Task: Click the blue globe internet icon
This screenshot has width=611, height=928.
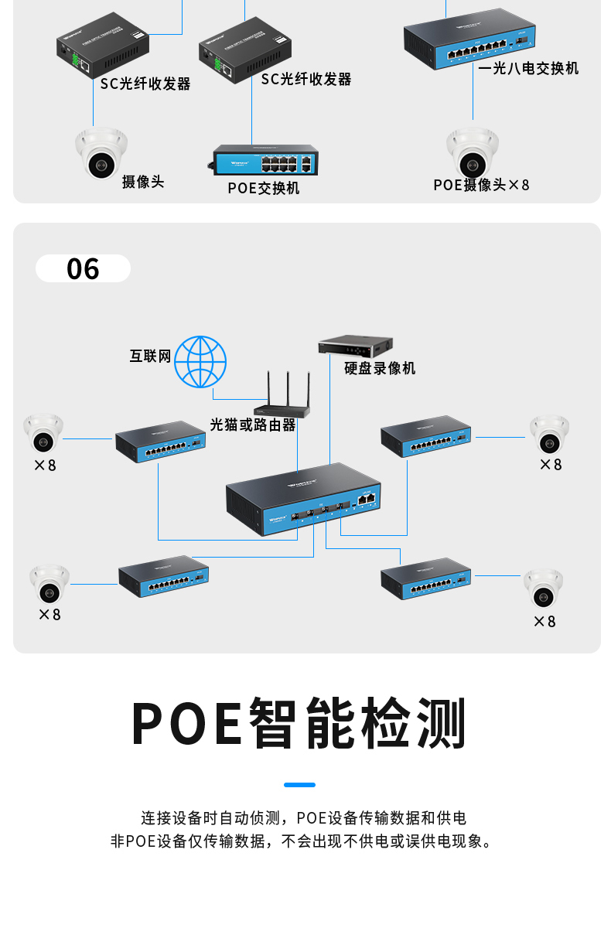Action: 200,362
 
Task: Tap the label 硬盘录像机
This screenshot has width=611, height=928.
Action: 380,368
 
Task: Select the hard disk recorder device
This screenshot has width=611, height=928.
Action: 356,345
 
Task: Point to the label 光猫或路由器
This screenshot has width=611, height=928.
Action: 253,425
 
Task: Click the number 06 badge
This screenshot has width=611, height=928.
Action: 83,268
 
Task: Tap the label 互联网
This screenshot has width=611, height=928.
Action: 150,356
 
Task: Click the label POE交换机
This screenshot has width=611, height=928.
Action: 264,188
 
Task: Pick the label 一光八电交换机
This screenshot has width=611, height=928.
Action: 528,68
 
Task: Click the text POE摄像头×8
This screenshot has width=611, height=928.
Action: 481,185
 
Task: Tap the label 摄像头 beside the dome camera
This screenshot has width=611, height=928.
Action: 143,182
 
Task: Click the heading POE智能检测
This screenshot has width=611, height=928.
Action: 299,723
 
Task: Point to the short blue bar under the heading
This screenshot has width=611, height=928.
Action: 299,785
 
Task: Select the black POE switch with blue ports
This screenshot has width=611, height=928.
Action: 266,159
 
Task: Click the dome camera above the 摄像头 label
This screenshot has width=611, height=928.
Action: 101,153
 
